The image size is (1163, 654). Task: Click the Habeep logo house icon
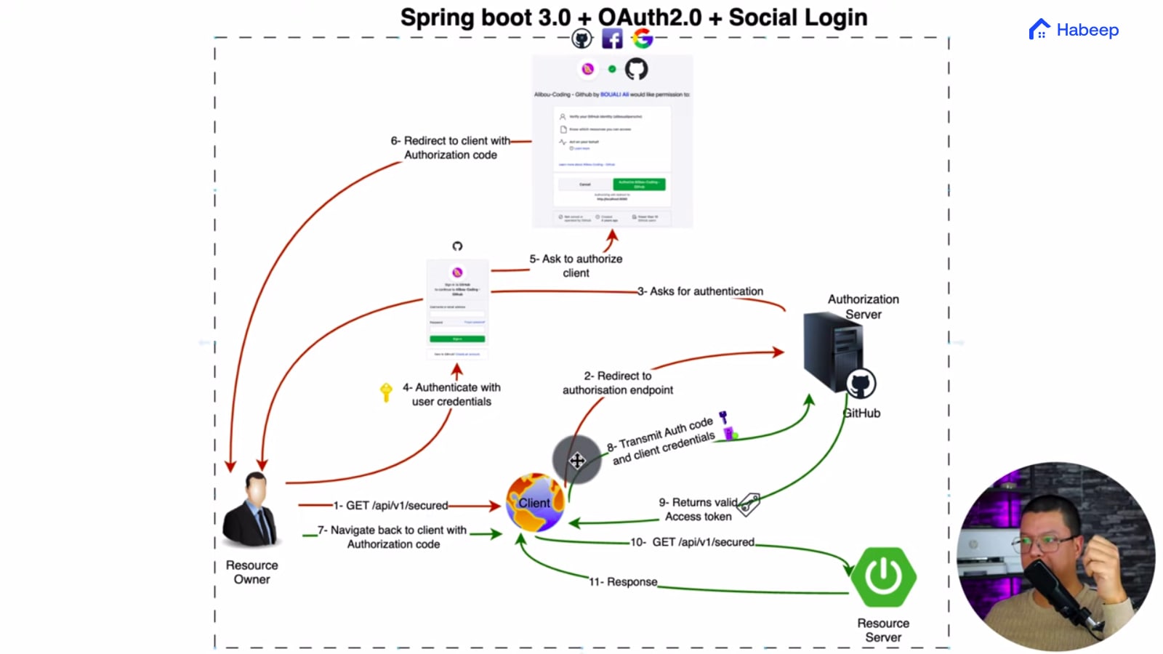pos(1039,30)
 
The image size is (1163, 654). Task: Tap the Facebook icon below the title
pos(612,39)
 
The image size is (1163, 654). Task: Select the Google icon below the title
pos(642,39)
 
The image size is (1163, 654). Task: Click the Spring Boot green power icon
pos(883,577)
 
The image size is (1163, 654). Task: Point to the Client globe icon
pos(535,503)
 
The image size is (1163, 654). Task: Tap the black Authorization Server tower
pos(833,352)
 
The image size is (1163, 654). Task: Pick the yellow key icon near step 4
pos(386,392)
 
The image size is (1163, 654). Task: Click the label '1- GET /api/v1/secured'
pos(390,505)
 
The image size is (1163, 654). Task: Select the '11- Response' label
pos(623,582)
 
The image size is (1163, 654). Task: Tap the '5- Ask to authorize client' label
pos(576,266)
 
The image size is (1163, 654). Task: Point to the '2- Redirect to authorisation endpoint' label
pos(618,383)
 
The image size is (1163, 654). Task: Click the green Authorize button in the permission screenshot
pos(639,185)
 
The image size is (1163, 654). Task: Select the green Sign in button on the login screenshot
pos(457,339)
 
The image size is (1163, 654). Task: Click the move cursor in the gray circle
pos(576,460)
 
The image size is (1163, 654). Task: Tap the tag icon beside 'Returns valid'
pos(749,503)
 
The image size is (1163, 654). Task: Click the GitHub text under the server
pos(862,413)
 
